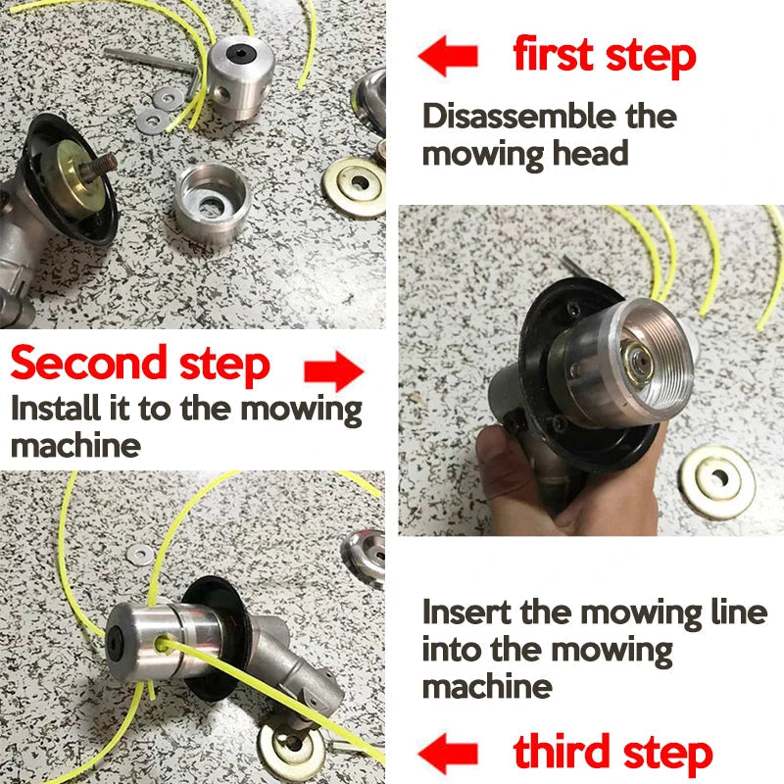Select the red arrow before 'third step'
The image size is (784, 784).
[448, 755]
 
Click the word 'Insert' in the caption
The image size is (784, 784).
[466, 613]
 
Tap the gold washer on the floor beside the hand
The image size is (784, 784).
[718, 480]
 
